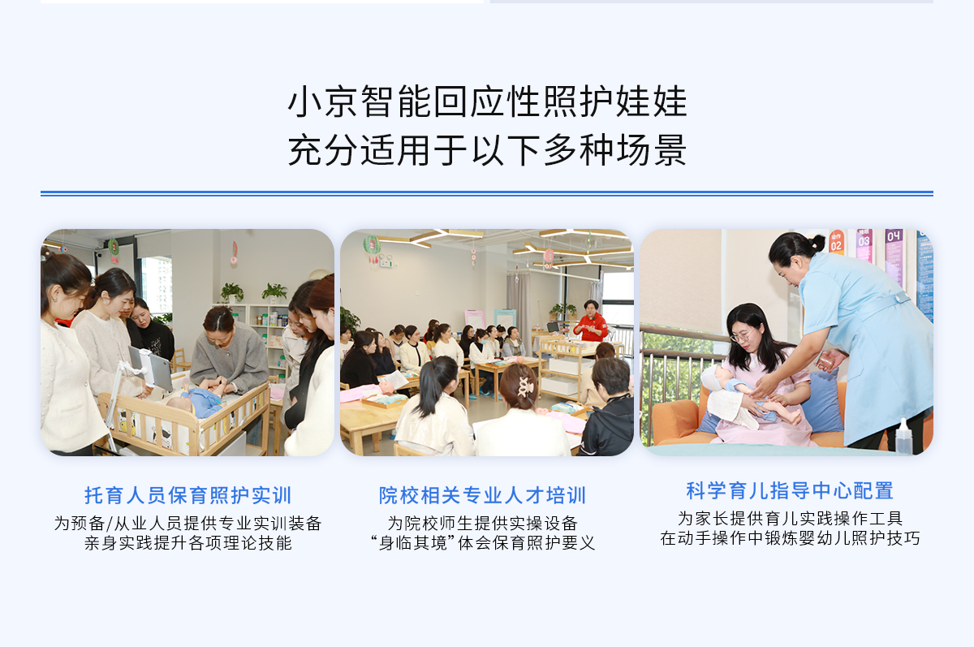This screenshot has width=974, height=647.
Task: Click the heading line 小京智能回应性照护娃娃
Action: tap(487, 101)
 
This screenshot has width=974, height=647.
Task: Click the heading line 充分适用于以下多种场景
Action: tap(487, 150)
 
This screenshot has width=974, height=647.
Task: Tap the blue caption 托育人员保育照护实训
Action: tap(187, 495)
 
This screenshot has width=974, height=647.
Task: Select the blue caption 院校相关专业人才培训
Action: tap(483, 495)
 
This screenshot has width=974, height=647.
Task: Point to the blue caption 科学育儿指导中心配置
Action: tap(790, 491)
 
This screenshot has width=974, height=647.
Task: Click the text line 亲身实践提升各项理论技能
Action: tap(187, 543)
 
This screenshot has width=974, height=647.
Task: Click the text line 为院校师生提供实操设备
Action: tap(483, 523)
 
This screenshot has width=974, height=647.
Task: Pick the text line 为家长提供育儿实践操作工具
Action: tap(790, 519)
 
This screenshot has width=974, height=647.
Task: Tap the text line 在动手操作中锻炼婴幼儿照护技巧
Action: tap(790, 539)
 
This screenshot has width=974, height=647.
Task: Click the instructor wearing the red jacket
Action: tap(591, 321)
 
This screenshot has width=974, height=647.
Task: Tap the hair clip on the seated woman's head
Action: tap(524, 386)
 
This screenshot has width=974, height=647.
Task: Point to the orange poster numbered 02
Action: tap(836, 243)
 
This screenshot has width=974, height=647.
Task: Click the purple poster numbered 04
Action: tap(894, 253)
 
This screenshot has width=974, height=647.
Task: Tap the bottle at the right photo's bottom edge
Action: tap(904, 436)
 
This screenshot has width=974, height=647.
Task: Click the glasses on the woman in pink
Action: tap(742, 336)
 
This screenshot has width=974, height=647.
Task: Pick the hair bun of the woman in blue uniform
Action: tap(817, 243)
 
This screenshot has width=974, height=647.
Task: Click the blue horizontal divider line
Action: tap(487, 193)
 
